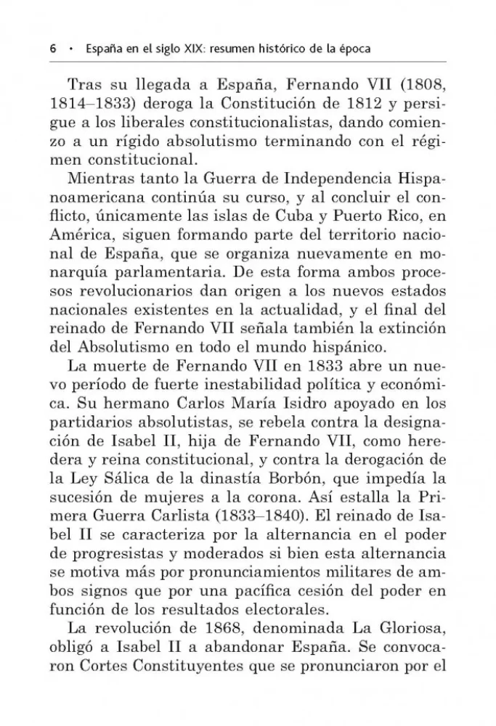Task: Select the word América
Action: click(x=81, y=237)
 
